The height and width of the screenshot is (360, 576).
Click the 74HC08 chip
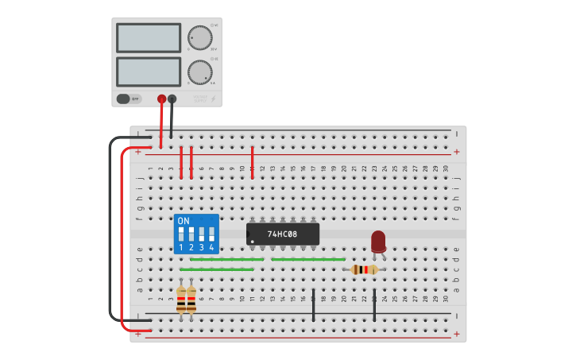pos(283,234)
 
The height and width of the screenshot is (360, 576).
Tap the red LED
pos(378,241)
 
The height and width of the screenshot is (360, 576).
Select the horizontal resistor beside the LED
pos(365,269)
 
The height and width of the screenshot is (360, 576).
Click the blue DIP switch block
pos(196,234)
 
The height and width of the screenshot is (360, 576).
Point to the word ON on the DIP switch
pos(184,220)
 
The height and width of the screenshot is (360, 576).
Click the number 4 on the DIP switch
pos(211,248)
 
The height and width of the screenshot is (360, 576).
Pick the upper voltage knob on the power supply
pos(200,37)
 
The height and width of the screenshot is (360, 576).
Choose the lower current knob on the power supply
pos(200,72)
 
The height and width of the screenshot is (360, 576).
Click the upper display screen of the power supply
pos(149,37)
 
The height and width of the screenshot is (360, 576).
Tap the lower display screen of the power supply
pos(149,72)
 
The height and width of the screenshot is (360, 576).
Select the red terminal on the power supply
pos(161,99)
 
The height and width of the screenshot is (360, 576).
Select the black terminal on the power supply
pos(172,99)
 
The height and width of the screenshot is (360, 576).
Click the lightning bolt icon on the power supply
pos(213,99)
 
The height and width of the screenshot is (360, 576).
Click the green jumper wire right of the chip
pos(308,259)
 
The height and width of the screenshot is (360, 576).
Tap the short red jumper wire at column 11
pos(252,162)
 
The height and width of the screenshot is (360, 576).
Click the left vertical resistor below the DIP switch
pos(181,300)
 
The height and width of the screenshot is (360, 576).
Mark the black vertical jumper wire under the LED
pos(374,305)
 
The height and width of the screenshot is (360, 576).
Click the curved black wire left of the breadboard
pos(110,230)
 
